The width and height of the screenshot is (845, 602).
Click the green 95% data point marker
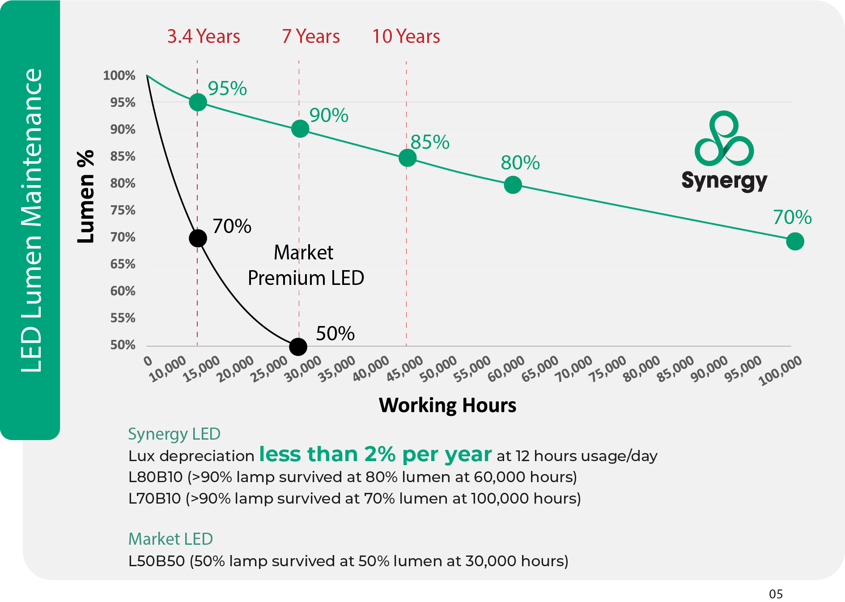(x=198, y=102)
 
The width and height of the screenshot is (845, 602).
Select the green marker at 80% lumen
(x=513, y=185)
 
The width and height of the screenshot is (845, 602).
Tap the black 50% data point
(x=298, y=347)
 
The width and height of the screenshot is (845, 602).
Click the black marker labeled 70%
(x=198, y=238)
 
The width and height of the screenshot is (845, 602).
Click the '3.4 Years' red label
(x=204, y=37)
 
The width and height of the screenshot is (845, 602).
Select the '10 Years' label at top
(x=406, y=37)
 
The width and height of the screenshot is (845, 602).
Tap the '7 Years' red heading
(x=311, y=37)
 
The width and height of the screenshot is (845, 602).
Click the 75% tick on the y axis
(x=123, y=210)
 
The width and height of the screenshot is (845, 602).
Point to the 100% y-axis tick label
(x=119, y=76)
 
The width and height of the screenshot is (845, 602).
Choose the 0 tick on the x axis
(x=148, y=361)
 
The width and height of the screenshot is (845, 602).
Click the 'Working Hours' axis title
(x=447, y=405)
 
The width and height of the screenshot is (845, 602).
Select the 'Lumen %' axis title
(x=85, y=197)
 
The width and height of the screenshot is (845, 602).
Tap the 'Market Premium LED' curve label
(x=306, y=265)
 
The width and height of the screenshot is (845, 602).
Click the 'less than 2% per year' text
(x=375, y=454)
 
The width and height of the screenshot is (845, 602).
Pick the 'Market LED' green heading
(x=170, y=539)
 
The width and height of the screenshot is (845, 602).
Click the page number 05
(x=776, y=594)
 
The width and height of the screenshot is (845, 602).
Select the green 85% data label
(x=430, y=142)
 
